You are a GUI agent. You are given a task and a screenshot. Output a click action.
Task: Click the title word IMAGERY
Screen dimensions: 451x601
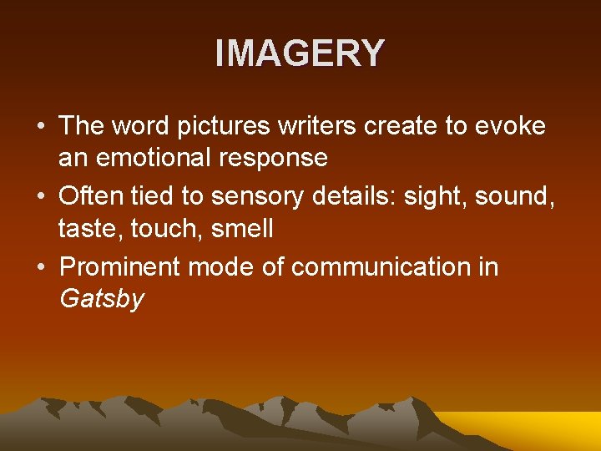pos(300,53)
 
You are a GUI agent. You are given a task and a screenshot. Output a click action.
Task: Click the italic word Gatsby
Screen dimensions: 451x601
pos(102,299)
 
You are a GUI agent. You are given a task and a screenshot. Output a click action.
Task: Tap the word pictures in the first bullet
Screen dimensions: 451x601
pos(220,126)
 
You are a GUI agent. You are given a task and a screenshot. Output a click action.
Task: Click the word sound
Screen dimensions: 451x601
pos(517,197)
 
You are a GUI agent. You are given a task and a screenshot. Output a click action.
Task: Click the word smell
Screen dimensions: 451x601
pos(242,228)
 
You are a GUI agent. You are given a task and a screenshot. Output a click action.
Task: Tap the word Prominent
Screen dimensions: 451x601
pos(120,267)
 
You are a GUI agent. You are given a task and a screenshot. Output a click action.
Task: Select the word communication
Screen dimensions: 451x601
pos(382,267)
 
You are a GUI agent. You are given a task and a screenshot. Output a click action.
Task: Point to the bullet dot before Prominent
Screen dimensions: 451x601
pos(40,268)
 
